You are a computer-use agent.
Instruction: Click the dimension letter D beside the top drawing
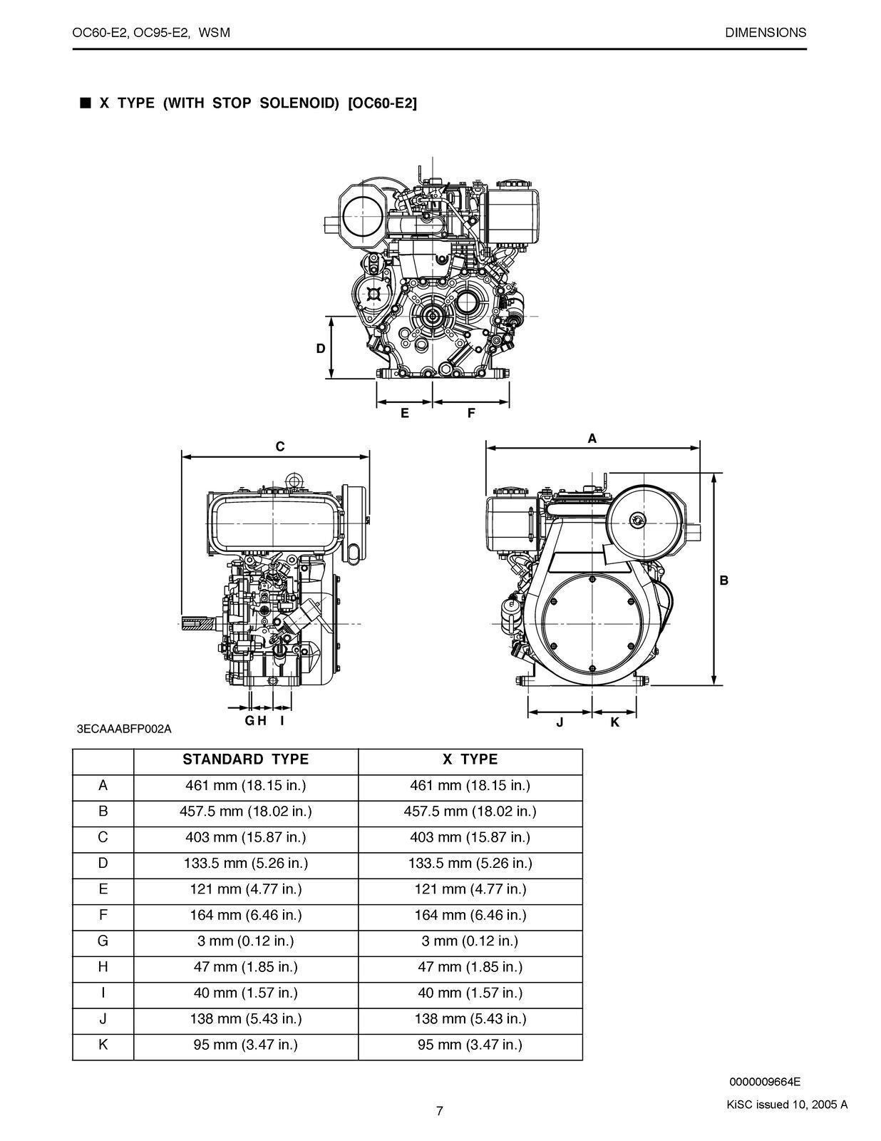point(321,349)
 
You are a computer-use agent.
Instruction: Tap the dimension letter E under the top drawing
point(404,413)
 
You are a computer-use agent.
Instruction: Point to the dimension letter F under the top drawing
point(471,413)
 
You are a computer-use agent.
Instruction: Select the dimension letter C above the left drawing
point(280,447)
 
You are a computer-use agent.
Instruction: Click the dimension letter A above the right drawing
point(592,439)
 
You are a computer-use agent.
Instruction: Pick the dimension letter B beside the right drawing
point(724,580)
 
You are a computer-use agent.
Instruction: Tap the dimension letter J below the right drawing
point(560,722)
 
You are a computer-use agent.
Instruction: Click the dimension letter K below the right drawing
point(615,722)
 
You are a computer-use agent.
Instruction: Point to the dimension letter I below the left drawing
point(282,720)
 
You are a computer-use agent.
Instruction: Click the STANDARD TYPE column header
point(245,759)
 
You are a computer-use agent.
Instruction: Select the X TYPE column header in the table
point(470,759)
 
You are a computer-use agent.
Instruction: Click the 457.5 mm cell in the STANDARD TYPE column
point(245,812)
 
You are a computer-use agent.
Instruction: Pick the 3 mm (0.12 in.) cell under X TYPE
point(470,941)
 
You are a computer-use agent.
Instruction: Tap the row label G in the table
point(103,941)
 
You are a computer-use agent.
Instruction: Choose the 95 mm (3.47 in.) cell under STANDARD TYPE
point(245,1045)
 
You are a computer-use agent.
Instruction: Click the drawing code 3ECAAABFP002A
point(124,729)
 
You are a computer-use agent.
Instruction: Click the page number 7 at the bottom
point(440,1110)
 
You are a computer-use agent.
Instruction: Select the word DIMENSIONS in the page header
point(766,32)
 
